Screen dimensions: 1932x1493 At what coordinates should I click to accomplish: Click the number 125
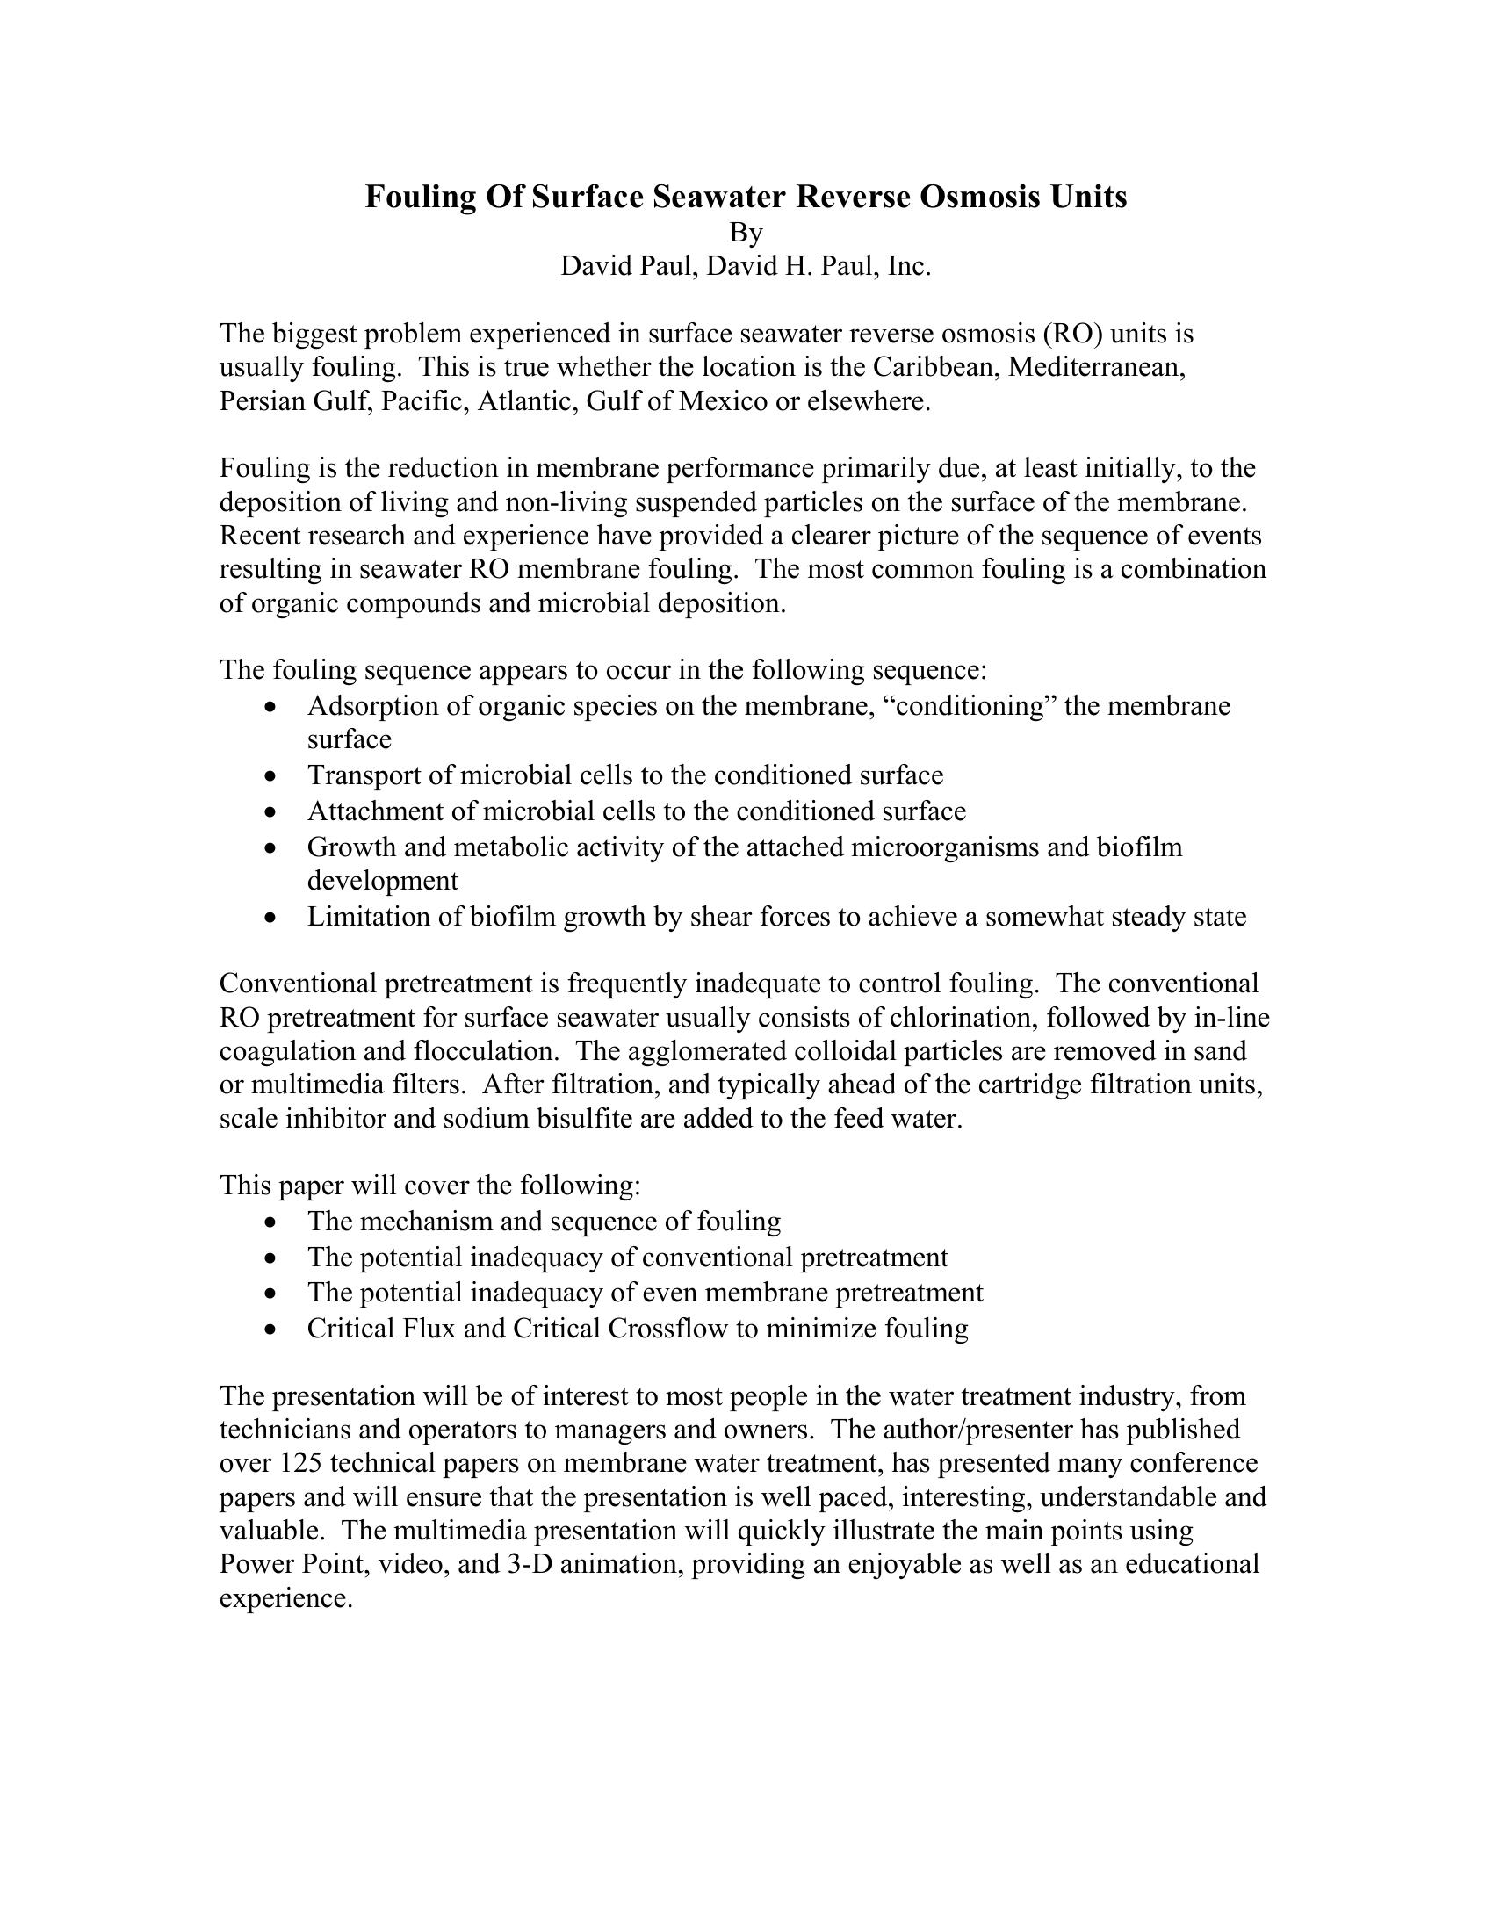[301, 1463]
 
